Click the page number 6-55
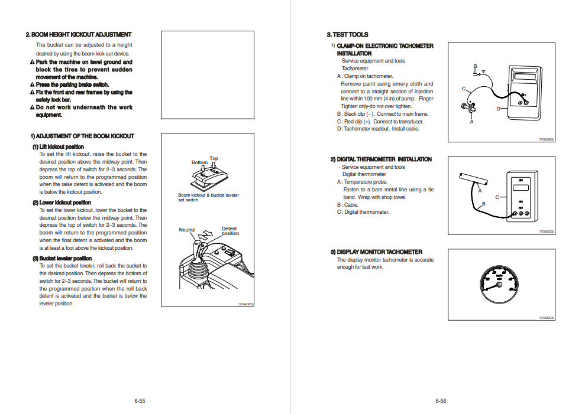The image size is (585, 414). (x=140, y=401)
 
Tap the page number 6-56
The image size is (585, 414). (x=441, y=401)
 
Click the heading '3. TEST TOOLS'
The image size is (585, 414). (x=347, y=35)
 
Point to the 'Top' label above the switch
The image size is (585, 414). (x=214, y=158)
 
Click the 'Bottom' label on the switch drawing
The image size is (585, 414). (x=199, y=162)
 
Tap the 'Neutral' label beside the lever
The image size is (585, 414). (x=187, y=230)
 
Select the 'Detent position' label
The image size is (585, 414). (x=230, y=231)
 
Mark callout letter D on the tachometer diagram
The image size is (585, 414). (x=498, y=109)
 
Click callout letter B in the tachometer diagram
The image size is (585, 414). (x=475, y=66)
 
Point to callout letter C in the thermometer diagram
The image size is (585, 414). (x=497, y=197)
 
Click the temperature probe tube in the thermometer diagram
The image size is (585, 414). (x=473, y=177)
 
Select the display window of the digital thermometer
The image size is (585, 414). (x=521, y=188)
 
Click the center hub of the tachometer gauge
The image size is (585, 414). (x=499, y=285)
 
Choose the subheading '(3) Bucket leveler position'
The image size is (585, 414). (x=62, y=258)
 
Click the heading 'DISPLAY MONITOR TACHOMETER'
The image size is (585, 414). (x=376, y=252)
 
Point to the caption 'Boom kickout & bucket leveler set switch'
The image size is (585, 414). (x=208, y=197)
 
